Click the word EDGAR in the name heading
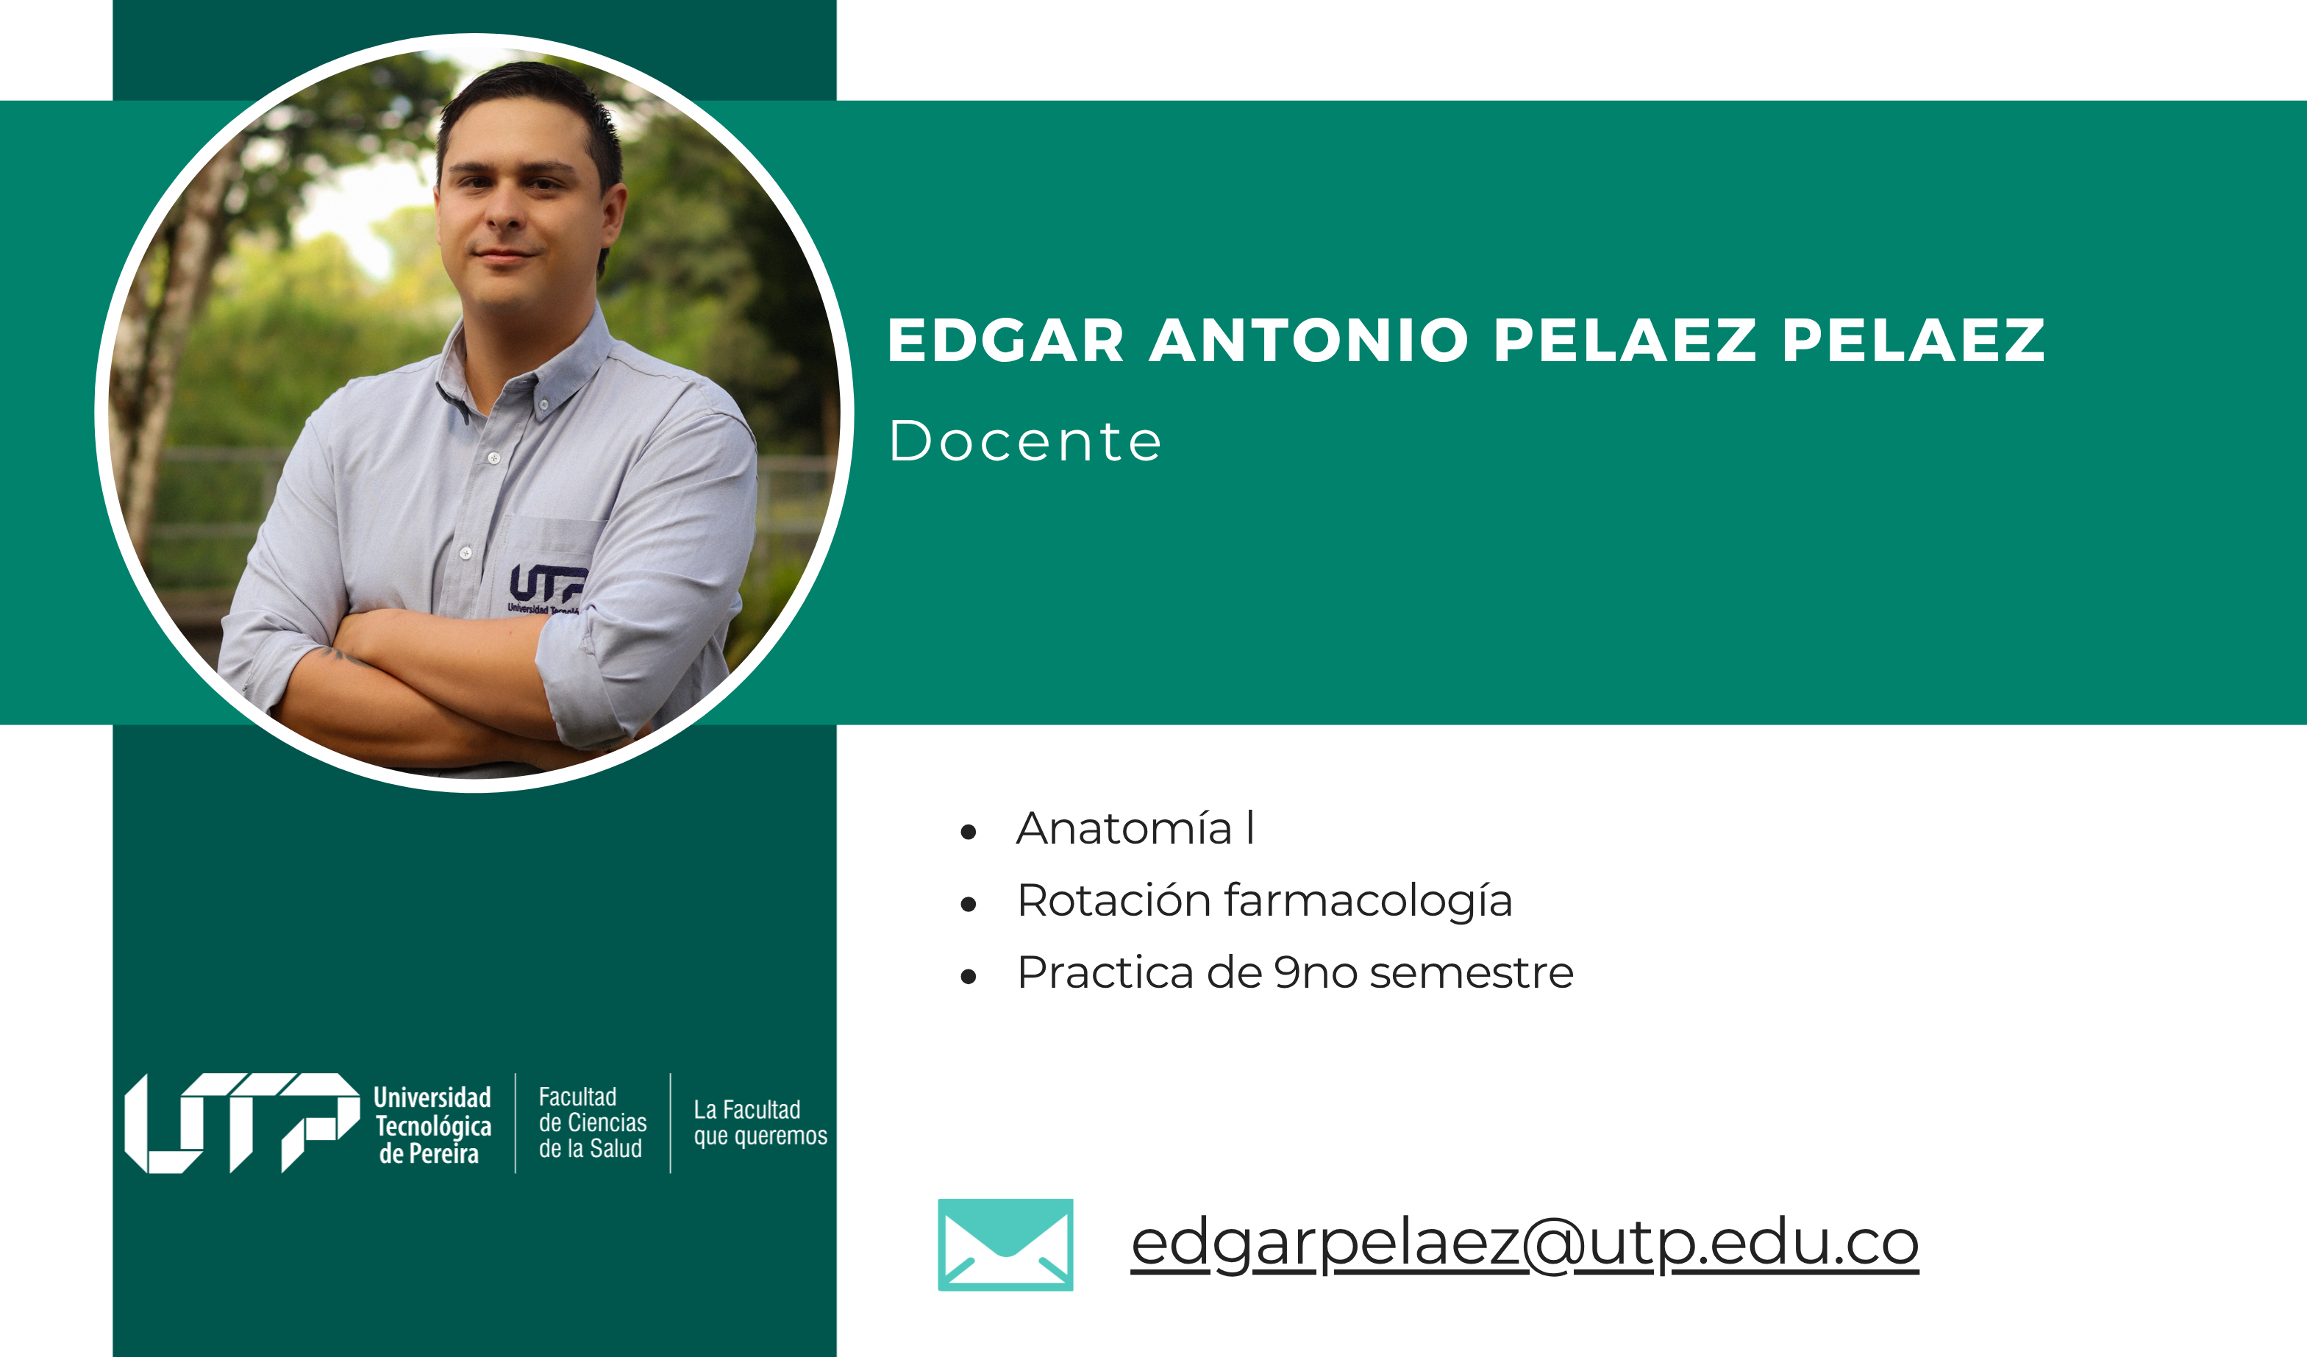pos(1005,340)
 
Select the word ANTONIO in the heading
pos(1309,340)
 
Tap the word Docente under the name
pos(1025,441)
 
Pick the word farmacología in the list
pos(1369,901)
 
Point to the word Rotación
pos(1114,900)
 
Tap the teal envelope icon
pos(1005,1244)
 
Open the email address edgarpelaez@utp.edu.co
pos(1525,1244)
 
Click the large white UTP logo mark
pos(243,1122)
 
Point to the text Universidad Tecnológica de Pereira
pos(432,1125)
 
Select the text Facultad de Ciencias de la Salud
pos(592,1122)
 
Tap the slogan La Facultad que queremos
pos(760,1122)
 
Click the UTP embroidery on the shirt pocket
pos(546,588)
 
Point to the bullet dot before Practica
pos(969,977)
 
